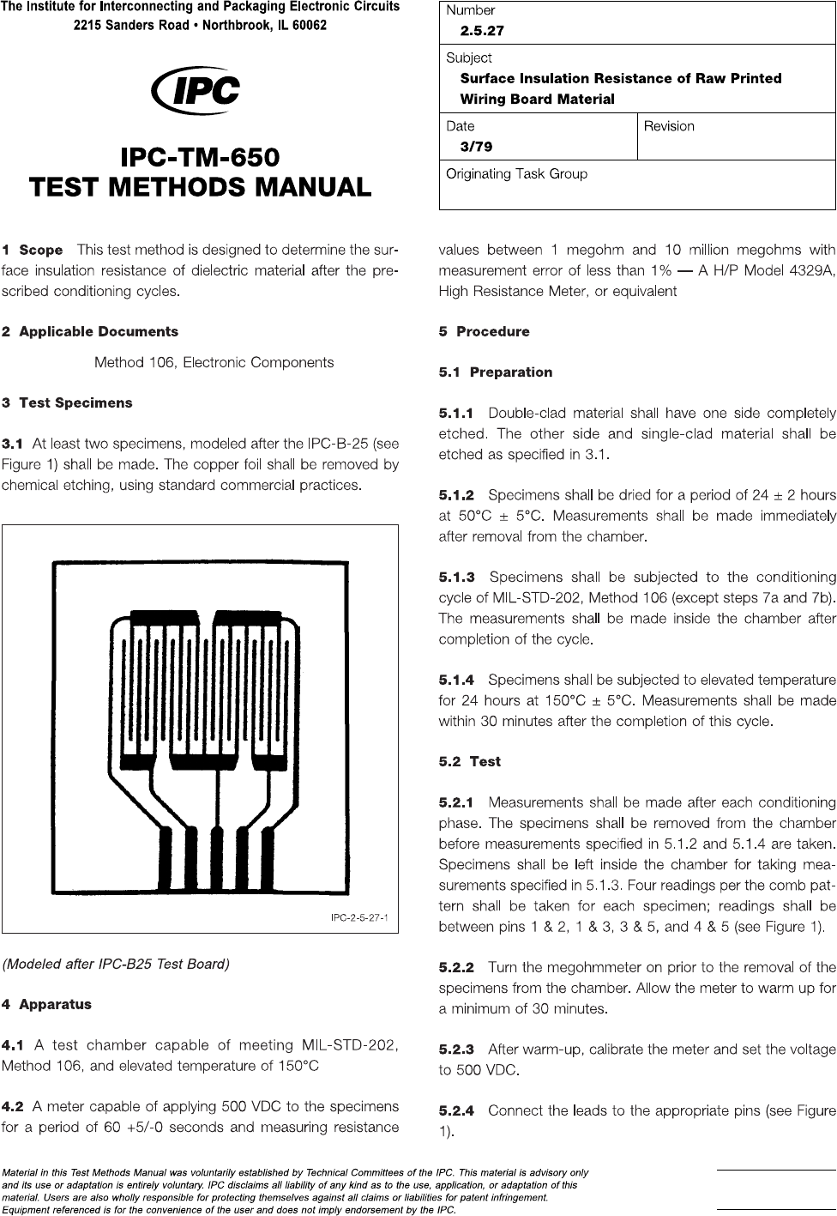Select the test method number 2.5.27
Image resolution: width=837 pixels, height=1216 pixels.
[x=482, y=31]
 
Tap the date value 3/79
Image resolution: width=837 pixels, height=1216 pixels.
[x=476, y=147]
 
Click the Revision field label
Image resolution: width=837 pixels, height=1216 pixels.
[x=669, y=126]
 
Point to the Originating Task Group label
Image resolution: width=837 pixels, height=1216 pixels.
[x=516, y=174]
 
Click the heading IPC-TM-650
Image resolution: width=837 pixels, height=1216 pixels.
[x=200, y=158]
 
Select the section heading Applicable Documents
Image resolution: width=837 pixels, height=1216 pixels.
[x=98, y=331]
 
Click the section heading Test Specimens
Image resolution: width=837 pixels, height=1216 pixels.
[x=75, y=402]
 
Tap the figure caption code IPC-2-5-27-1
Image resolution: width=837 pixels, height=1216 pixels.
[x=359, y=919]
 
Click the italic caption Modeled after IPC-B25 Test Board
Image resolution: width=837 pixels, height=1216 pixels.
[x=117, y=964]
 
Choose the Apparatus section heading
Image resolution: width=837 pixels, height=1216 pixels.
[x=55, y=1004]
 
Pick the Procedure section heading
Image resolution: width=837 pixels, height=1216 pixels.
[x=492, y=331]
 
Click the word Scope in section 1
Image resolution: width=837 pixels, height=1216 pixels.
[x=41, y=251]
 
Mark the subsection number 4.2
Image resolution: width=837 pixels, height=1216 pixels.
[x=14, y=1107]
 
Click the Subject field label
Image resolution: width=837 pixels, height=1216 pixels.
[x=468, y=57]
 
